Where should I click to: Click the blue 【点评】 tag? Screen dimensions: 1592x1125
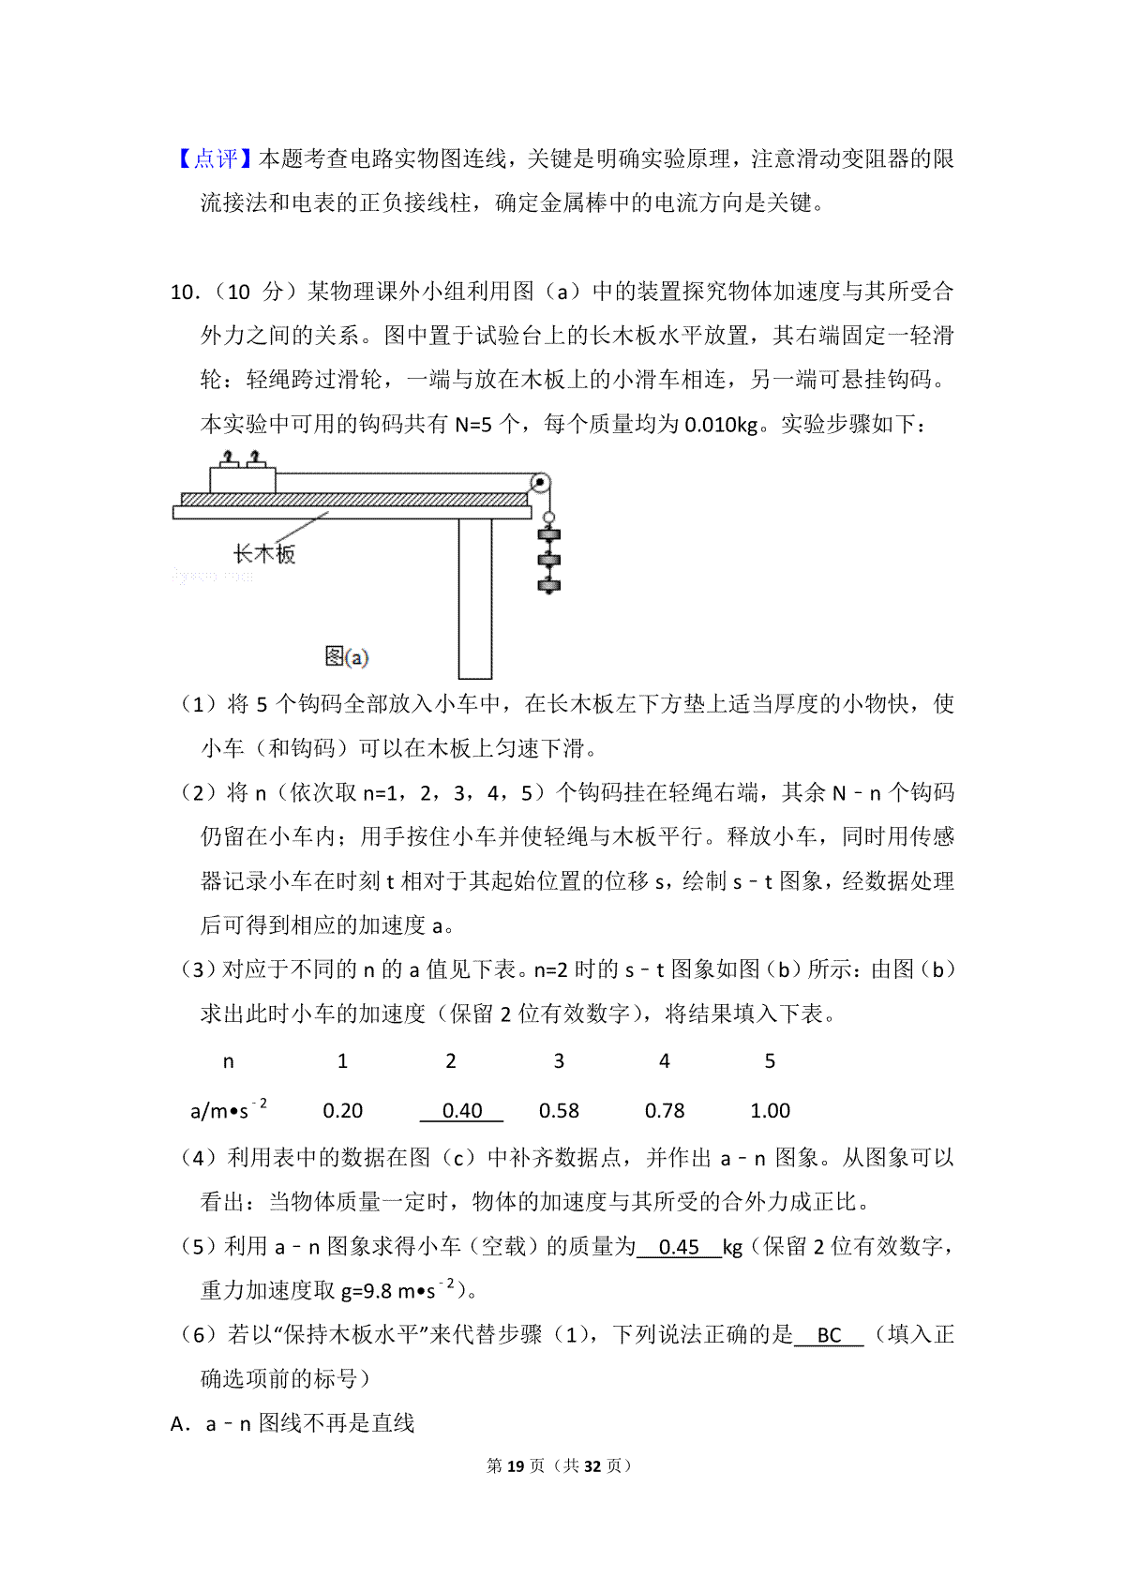coord(215,159)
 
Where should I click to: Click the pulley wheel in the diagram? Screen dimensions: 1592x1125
coord(540,484)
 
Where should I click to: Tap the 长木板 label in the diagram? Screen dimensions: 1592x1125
coord(263,554)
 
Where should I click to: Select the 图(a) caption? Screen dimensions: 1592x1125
coord(346,657)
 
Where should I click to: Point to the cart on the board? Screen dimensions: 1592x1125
coord(242,479)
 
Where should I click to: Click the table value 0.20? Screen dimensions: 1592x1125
coord(342,1111)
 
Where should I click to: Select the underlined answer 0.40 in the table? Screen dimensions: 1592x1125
coord(461,1111)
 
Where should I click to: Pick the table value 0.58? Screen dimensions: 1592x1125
coord(559,1111)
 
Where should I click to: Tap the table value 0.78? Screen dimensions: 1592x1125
coord(665,1111)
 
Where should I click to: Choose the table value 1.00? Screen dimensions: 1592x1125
coord(770,1111)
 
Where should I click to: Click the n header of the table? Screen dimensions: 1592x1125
coord(228,1061)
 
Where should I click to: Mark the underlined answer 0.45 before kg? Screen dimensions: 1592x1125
coord(679,1247)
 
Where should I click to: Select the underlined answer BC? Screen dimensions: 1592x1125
coord(829,1335)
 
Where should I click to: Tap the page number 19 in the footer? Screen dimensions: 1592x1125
coord(515,1465)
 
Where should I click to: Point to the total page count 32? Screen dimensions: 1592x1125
coord(592,1465)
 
